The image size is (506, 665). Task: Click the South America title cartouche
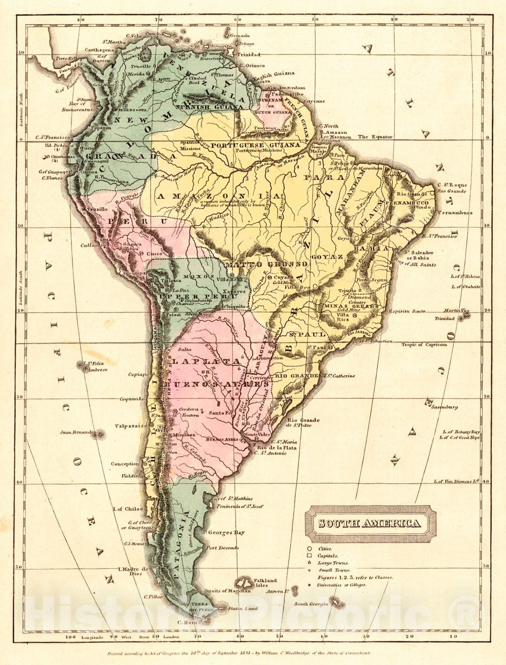point(370,523)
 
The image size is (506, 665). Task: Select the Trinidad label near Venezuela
point(249,55)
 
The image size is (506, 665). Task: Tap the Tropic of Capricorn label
point(424,345)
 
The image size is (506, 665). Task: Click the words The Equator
point(375,137)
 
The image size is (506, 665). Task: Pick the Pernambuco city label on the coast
point(457,213)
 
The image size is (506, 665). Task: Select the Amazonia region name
point(212,196)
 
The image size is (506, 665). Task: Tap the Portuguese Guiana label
point(255,145)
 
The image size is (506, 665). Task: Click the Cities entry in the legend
point(325,549)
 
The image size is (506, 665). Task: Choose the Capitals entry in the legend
point(327,556)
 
